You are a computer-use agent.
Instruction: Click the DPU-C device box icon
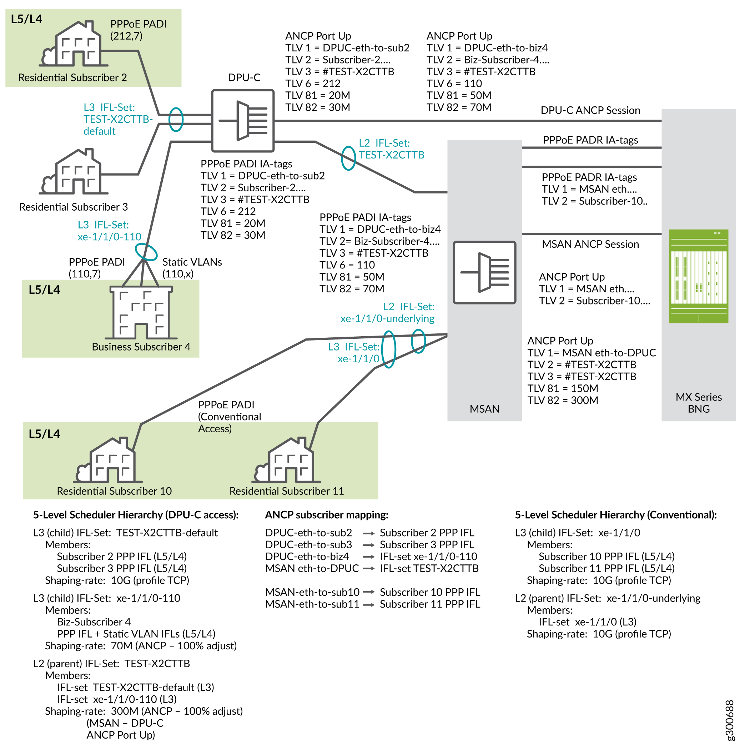pos(243,121)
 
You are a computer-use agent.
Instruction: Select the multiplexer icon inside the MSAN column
pos(484,272)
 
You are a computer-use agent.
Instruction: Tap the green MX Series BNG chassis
pos(698,276)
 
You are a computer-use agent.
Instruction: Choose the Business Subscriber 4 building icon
pos(141,312)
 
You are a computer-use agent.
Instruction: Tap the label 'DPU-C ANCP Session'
pos(590,111)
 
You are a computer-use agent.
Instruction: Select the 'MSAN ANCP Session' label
pos(590,244)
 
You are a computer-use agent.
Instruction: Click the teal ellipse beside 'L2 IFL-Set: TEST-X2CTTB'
pos(348,158)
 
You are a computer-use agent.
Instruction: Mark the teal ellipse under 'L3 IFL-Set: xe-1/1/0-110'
pos(146,252)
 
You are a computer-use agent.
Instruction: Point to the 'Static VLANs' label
pos(192,262)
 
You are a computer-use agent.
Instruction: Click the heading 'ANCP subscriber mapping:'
pos(327,515)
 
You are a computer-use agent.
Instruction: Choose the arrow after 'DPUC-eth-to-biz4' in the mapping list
pos(368,557)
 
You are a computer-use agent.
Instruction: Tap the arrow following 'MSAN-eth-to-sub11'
pos(368,604)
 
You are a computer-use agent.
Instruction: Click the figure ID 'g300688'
pos(729,720)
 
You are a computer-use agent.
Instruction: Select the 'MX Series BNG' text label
pos(698,403)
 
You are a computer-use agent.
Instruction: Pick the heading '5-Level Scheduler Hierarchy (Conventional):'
pos(616,515)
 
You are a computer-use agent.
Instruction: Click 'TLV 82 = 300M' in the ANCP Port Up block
pos(563,400)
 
